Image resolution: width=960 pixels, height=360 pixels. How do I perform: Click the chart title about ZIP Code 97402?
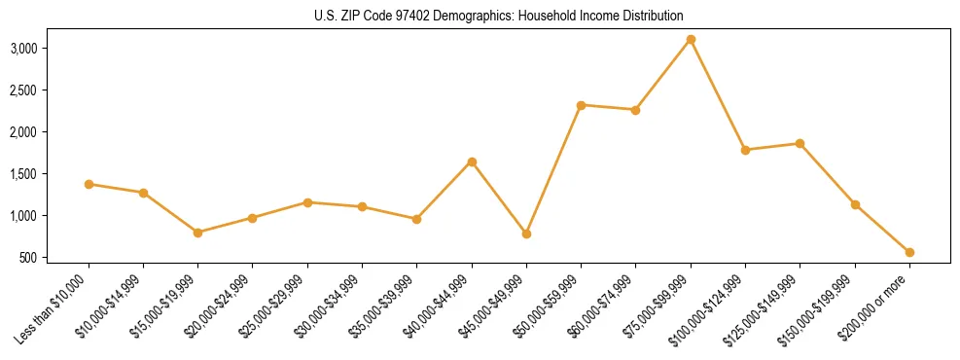click(x=499, y=16)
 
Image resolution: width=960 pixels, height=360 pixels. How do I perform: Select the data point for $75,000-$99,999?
click(x=691, y=40)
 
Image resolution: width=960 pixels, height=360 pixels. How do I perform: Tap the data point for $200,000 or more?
click(x=909, y=252)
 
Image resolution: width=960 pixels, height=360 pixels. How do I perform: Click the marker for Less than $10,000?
click(x=89, y=184)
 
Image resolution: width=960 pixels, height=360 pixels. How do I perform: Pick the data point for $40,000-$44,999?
click(x=472, y=162)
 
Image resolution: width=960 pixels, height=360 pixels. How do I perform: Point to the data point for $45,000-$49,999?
click(x=526, y=234)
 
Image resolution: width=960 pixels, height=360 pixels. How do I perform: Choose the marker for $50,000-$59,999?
click(x=581, y=105)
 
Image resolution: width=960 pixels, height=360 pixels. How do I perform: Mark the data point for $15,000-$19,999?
click(x=197, y=233)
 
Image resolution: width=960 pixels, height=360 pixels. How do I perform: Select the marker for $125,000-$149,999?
click(x=800, y=143)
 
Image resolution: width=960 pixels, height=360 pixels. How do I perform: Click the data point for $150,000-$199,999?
click(x=855, y=204)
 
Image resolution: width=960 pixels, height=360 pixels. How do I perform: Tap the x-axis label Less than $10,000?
click(x=56, y=306)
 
